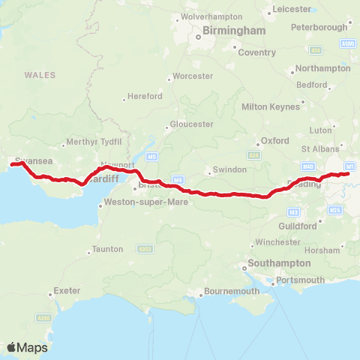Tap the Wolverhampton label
[x=211, y=16]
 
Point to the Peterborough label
[x=322, y=26]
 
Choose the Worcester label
[x=193, y=76]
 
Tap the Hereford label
[x=145, y=97]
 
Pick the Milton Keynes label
[x=270, y=106]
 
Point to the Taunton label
[x=106, y=249]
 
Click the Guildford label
[x=298, y=226]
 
